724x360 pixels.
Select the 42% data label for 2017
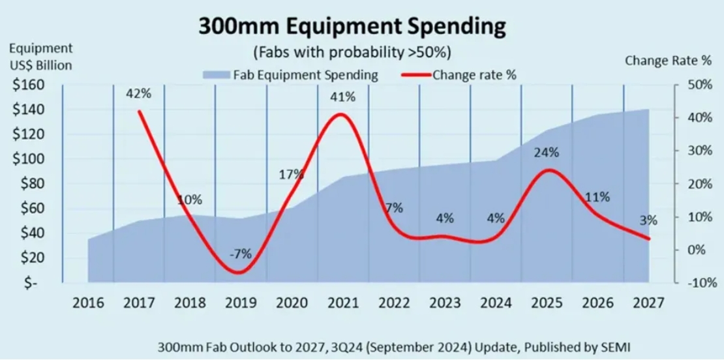tap(139, 93)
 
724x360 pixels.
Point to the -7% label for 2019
tap(240, 254)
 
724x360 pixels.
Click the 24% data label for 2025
tap(546, 153)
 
